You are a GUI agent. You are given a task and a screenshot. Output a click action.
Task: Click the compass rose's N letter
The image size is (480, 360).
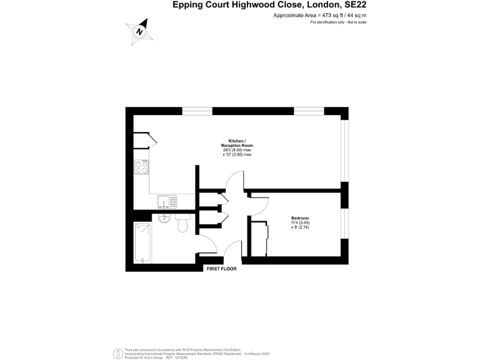coord(140,29)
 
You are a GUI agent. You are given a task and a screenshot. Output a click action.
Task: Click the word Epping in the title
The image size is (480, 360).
coord(187,6)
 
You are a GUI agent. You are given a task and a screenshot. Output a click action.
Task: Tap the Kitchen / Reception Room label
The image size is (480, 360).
coord(241,143)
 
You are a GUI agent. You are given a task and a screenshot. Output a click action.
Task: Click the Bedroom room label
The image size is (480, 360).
coord(300,218)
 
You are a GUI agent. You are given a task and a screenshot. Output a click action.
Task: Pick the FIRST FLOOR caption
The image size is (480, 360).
coord(222,269)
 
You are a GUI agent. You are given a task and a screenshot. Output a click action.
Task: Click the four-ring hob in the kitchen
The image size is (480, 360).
coord(141,167)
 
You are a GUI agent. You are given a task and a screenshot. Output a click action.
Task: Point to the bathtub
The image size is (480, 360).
coord(142,242)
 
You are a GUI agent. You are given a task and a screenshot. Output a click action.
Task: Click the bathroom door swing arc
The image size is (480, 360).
coord(209,244)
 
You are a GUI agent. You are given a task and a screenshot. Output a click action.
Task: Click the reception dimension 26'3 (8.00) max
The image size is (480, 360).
coord(240,150)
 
